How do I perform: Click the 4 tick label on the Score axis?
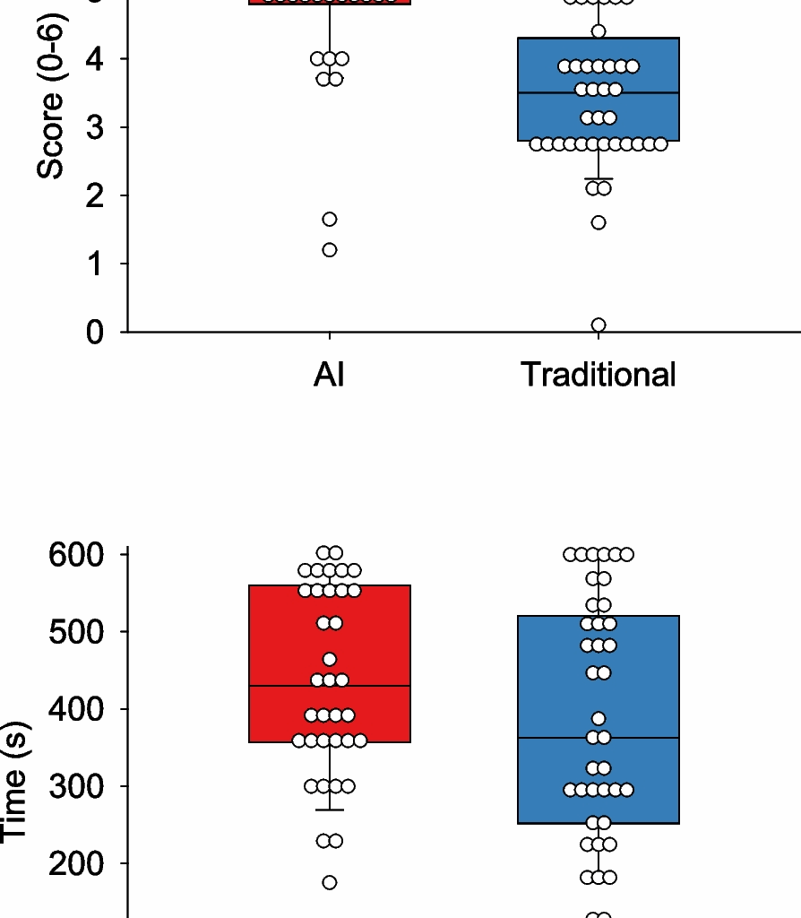(94, 59)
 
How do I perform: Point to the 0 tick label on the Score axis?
(94, 333)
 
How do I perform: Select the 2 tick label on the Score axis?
(94, 195)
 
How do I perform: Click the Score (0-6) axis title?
(51, 97)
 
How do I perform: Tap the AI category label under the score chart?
(329, 375)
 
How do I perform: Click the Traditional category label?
(598, 375)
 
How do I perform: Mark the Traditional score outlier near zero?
(599, 325)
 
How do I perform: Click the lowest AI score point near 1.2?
(330, 250)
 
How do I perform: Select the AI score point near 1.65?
(330, 220)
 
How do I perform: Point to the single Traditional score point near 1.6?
(599, 222)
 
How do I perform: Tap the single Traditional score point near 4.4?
(599, 31)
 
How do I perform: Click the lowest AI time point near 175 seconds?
(330, 883)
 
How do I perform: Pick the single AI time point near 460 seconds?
(330, 660)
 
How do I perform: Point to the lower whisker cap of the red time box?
(330, 810)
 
